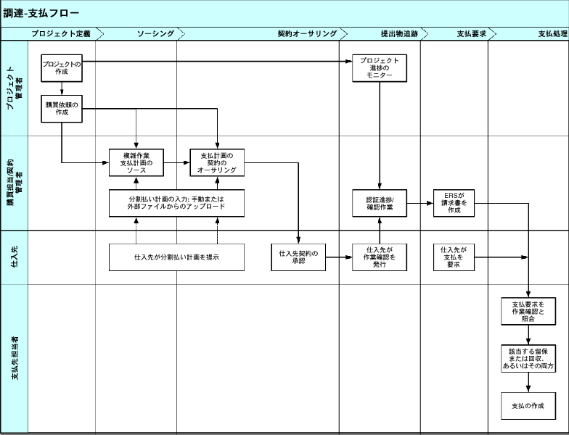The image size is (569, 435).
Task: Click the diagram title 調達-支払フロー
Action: point(41,13)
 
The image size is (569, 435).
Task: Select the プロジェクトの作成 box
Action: point(62,68)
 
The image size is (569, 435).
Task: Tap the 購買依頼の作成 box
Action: point(62,109)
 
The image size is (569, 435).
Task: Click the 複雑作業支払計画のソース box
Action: point(136,163)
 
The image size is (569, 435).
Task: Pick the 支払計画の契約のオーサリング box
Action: point(218,163)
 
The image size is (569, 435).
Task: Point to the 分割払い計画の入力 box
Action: point(176,203)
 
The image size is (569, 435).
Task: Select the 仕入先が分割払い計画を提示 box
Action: point(176,257)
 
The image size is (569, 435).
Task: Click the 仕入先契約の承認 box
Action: point(298,257)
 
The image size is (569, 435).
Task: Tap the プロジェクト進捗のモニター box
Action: point(380,69)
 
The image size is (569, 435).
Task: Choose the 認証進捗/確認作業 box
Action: point(380,203)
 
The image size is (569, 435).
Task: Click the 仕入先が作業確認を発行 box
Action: point(380,257)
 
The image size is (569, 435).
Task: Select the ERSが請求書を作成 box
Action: point(454,203)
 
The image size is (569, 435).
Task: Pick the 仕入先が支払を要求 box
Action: point(454,257)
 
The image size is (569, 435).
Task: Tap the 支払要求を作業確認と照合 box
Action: point(528,311)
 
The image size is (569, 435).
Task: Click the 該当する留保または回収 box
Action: point(528,359)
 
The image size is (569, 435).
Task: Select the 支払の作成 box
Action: point(528,405)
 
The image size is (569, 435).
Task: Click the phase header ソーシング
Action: point(155,34)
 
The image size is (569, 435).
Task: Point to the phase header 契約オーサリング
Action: point(307,34)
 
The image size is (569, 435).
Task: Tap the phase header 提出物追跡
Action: point(398,34)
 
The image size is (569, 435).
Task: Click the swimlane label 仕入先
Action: point(14,257)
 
